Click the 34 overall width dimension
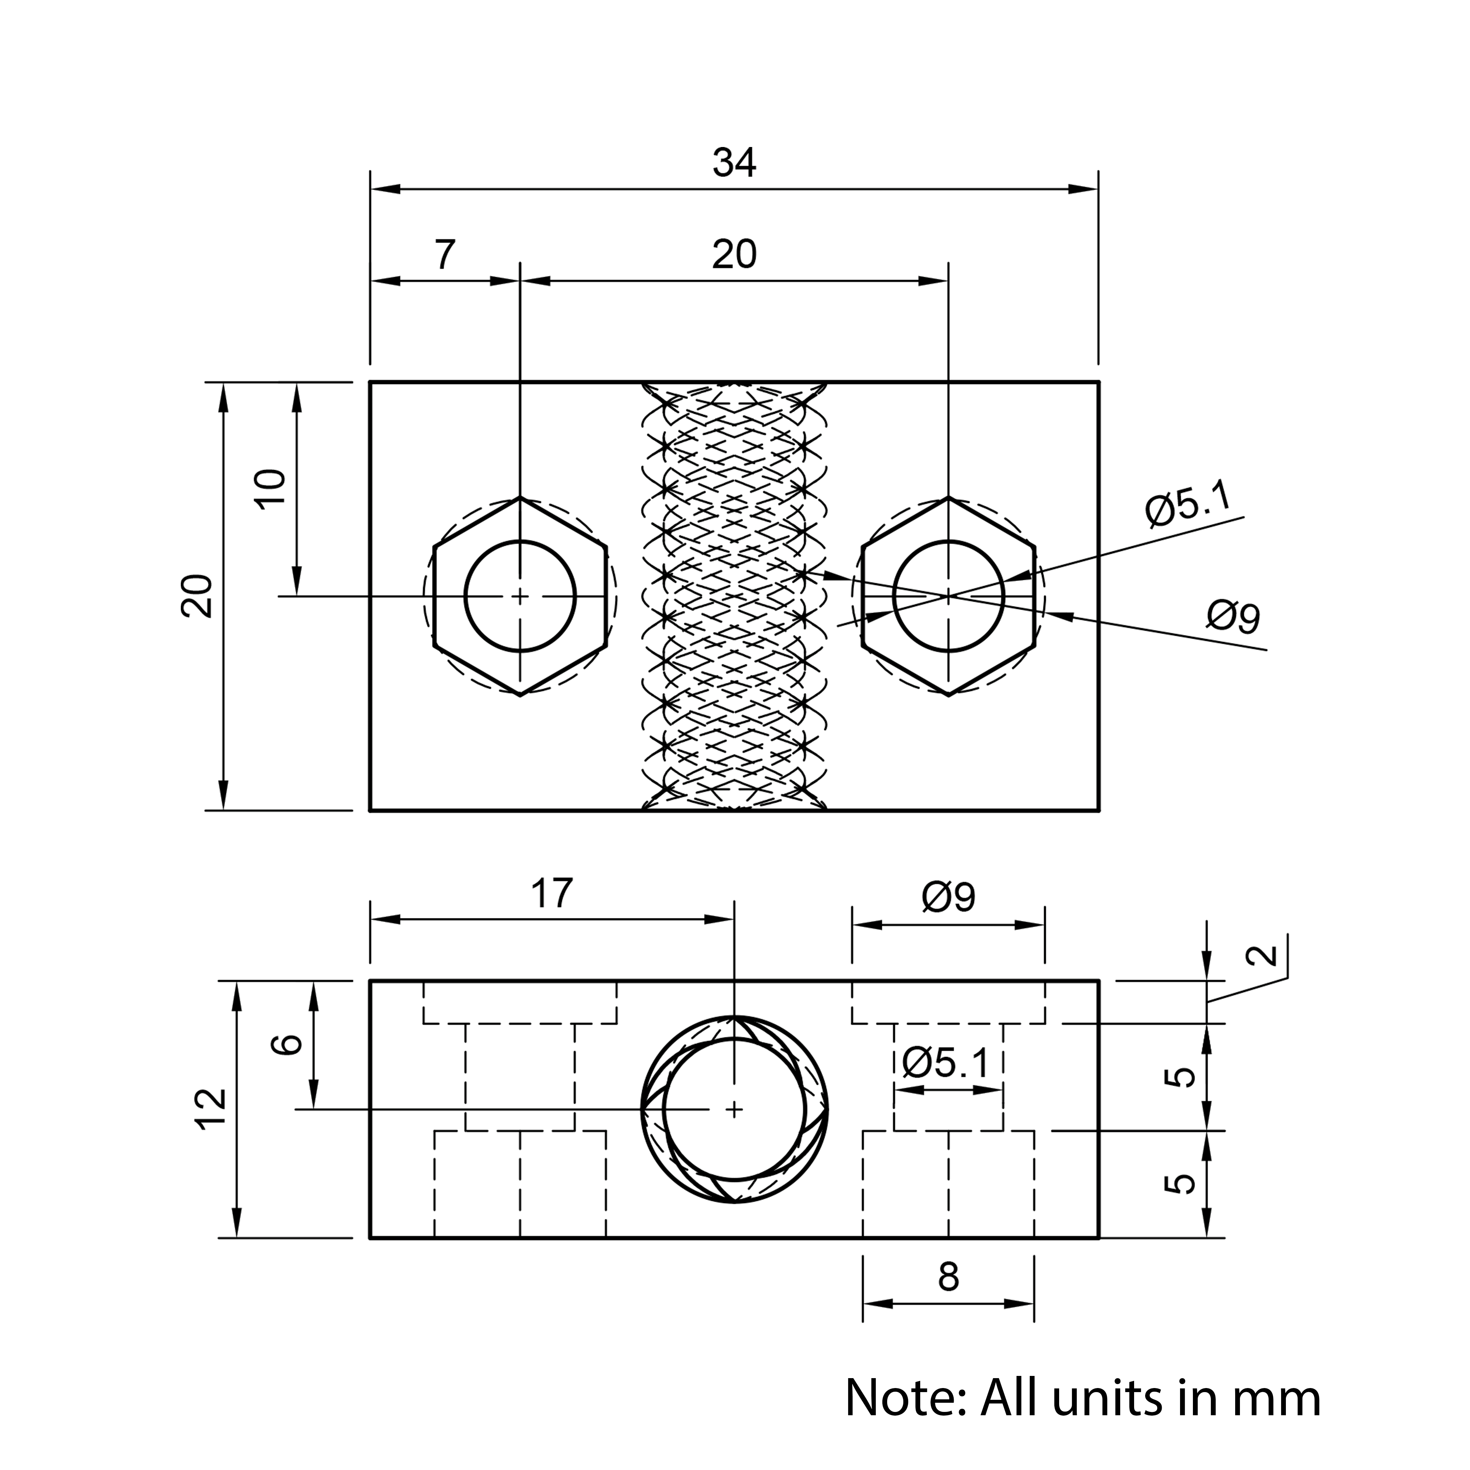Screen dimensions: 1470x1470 tap(734, 163)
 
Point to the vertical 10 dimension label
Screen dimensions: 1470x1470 tap(271, 489)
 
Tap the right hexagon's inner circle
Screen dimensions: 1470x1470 tap(949, 541)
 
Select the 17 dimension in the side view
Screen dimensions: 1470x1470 tap(552, 893)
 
